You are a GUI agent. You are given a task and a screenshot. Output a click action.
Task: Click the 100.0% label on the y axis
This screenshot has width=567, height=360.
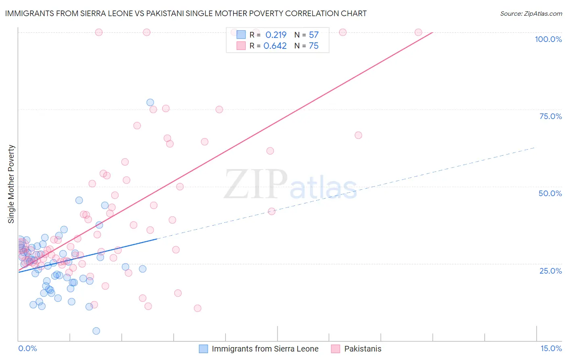[x=548, y=39]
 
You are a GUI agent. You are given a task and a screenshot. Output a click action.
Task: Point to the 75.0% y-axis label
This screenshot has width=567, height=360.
[x=550, y=116]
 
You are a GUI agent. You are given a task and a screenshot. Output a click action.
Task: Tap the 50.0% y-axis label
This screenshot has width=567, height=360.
[x=550, y=193]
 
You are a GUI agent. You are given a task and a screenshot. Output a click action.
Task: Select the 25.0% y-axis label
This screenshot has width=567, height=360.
[x=550, y=270]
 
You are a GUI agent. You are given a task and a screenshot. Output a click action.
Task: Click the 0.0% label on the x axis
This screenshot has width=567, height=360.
[x=27, y=348]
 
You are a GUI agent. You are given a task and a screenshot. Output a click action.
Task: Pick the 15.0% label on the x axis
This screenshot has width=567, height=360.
[x=551, y=348]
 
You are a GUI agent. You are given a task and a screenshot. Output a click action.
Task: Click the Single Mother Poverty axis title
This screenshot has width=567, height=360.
[x=11, y=184]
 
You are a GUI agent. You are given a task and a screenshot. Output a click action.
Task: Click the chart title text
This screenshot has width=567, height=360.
[x=186, y=13]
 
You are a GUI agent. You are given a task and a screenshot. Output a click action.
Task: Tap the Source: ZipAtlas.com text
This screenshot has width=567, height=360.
[x=531, y=13]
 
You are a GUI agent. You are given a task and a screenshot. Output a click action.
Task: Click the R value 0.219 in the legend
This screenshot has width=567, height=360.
[x=276, y=35]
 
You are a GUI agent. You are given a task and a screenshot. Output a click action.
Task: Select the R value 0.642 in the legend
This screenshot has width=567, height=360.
[x=275, y=46]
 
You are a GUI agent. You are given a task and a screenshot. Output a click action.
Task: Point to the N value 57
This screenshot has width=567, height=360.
[x=314, y=35]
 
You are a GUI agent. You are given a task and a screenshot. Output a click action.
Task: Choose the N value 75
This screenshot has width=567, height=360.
[x=314, y=46]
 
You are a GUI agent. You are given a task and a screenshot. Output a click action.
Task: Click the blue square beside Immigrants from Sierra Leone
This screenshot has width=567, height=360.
[x=204, y=349]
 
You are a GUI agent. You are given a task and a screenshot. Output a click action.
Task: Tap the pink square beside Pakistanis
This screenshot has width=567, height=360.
[x=336, y=349]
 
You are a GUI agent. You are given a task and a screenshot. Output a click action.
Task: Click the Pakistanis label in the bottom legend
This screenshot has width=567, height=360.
[x=363, y=349]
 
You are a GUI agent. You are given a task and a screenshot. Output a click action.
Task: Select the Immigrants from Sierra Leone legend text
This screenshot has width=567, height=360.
[x=265, y=349]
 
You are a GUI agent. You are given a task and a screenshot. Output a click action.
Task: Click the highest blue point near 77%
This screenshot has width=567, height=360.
[x=150, y=103]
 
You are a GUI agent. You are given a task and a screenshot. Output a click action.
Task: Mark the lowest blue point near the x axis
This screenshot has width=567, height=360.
[x=96, y=331]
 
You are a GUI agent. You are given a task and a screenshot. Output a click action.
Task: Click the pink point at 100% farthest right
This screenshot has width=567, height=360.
[x=418, y=32]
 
